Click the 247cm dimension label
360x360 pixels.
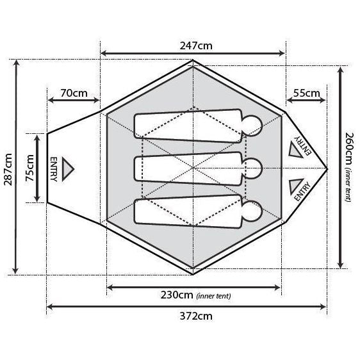(193, 45)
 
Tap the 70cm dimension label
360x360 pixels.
(74, 93)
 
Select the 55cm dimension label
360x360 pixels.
(306, 93)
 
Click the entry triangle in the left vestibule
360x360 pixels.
(68, 168)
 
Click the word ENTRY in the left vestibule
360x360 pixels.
(53, 168)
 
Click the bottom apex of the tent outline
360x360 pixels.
(193, 274)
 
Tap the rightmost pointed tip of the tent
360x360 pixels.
(327, 168)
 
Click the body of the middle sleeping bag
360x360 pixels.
(189, 168)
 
